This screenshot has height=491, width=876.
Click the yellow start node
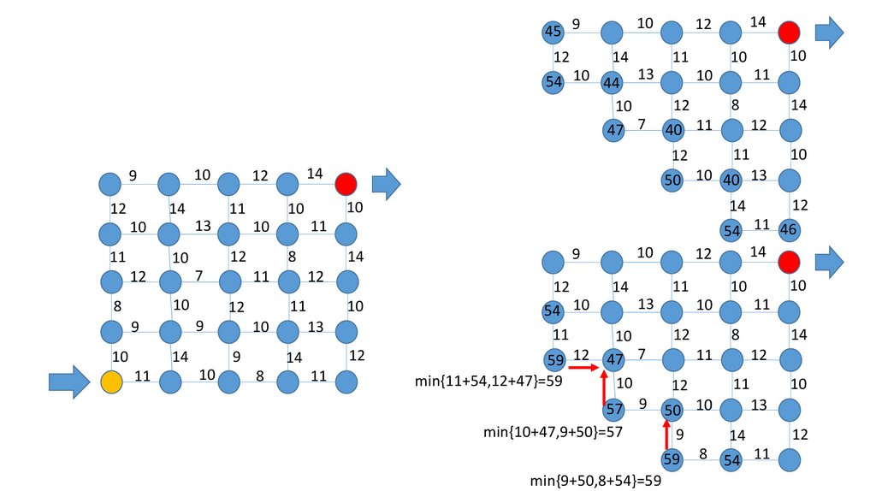point(110,382)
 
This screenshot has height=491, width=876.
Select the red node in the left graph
point(346,184)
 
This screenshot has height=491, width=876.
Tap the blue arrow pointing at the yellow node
point(68,382)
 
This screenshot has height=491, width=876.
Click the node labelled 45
point(553,33)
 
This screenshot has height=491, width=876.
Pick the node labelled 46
point(790,229)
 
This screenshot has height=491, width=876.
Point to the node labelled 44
point(611,83)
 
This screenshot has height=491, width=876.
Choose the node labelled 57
point(613,409)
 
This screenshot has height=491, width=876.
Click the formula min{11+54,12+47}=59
point(487,381)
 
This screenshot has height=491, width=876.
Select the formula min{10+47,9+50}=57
point(553,432)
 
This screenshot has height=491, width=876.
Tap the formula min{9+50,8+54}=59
point(596,481)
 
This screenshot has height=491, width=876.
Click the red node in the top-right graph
point(789,33)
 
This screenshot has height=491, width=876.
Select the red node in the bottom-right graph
point(789,262)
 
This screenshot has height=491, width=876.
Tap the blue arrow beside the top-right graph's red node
point(829,33)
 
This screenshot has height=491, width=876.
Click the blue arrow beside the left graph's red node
point(386,184)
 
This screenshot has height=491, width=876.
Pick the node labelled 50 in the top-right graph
point(672,180)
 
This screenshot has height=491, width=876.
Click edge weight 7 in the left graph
point(198,275)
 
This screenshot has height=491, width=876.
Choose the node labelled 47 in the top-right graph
point(613,131)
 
